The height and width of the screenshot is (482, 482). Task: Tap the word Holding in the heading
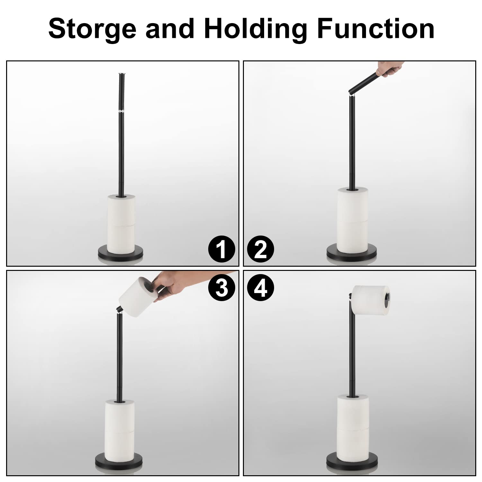(x=256, y=29)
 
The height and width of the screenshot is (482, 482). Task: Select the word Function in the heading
(x=376, y=29)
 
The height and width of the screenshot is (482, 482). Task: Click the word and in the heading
(x=170, y=29)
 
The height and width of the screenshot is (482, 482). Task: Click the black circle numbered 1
(x=222, y=249)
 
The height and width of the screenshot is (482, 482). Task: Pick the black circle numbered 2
(x=261, y=249)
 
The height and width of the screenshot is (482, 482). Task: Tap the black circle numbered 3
(x=222, y=288)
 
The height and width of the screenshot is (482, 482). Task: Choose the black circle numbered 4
(x=261, y=288)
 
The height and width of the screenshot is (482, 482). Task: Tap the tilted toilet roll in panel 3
(x=137, y=297)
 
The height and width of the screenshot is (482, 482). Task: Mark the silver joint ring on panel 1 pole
(x=121, y=112)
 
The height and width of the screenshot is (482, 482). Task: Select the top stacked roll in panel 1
(x=121, y=209)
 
